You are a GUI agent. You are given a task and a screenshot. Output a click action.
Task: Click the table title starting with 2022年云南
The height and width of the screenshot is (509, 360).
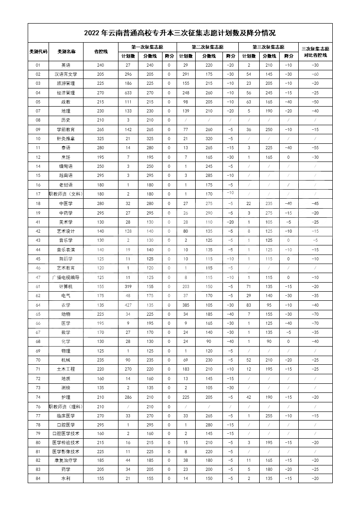tap(180, 33)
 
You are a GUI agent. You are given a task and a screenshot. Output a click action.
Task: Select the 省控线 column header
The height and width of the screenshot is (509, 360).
tap(100, 51)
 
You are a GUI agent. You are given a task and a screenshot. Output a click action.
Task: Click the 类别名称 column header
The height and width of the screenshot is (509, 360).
tap(66, 51)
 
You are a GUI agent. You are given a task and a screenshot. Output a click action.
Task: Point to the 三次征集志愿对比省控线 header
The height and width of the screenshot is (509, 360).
tap(316, 52)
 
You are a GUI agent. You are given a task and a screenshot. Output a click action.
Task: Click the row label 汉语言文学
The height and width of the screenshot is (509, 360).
tap(66, 74)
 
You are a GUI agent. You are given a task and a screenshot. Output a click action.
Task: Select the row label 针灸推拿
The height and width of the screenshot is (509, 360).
tap(66, 138)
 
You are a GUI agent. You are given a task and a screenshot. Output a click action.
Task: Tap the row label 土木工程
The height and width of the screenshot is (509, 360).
tap(66, 369)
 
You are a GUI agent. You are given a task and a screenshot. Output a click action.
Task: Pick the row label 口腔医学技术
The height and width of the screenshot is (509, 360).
tap(66, 433)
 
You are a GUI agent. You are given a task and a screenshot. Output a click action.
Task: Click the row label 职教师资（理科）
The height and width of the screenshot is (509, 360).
tap(66, 406)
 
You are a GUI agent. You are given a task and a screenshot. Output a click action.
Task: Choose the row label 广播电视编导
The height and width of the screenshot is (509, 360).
tap(66, 277)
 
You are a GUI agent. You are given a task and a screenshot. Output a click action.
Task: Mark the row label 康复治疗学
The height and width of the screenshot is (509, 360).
tap(66, 460)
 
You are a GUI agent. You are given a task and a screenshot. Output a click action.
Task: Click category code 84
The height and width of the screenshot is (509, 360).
tap(38, 478)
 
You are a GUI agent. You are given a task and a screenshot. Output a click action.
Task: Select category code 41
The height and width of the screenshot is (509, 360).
tap(38, 222)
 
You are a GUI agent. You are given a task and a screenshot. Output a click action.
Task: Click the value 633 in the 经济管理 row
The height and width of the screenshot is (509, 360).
tap(128, 93)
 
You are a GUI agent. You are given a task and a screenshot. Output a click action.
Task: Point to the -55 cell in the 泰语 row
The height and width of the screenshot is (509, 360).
tap(316, 148)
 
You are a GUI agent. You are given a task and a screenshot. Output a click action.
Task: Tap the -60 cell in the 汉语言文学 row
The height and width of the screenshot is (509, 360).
tap(316, 74)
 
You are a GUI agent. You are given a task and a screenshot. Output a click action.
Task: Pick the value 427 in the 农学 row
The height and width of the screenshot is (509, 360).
tap(128, 305)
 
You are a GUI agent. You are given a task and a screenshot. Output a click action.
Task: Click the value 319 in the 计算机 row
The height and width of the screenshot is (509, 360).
tap(128, 286)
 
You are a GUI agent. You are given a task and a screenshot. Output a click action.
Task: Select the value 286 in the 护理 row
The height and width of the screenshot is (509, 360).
tap(128, 397)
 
